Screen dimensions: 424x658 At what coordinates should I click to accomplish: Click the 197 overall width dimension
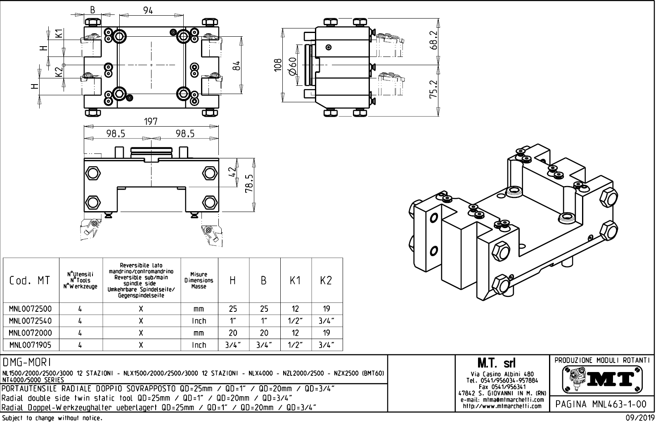[151, 122]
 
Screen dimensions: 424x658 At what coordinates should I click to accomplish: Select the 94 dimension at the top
[148, 11]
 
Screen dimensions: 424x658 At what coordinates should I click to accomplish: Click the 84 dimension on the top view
[236, 65]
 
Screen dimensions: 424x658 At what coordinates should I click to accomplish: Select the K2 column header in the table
[326, 281]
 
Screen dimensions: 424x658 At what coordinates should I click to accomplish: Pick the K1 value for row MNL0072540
[295, 321]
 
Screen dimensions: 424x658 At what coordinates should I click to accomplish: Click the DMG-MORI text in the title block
[27, 363]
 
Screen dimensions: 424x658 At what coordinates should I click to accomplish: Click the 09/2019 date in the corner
[639, 418]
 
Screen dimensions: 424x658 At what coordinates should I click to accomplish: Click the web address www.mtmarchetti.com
[502, 406]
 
